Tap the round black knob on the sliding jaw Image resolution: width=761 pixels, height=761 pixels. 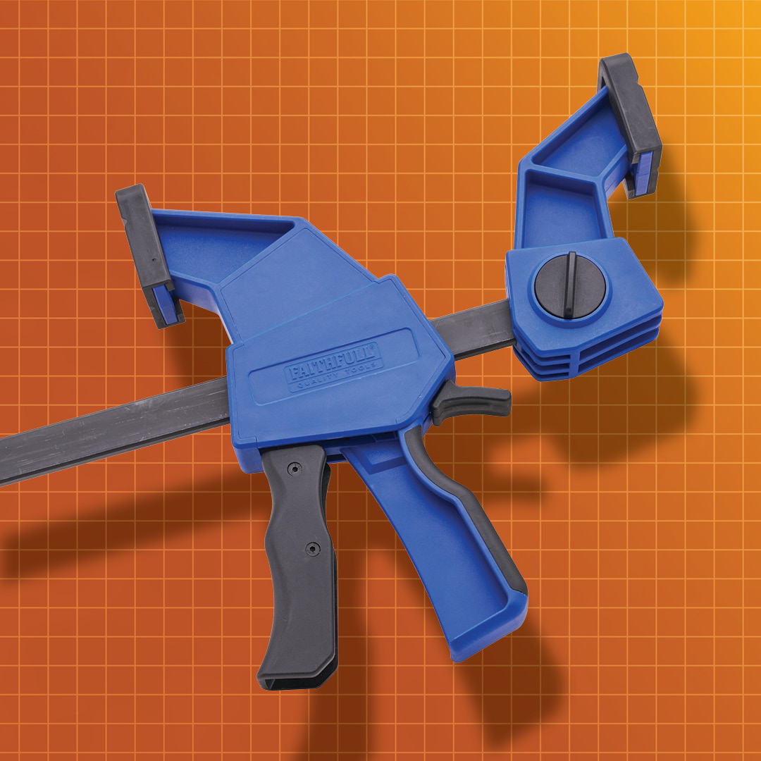570,286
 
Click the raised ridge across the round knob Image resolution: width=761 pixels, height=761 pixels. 570,285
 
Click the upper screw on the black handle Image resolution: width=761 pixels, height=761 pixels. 294,469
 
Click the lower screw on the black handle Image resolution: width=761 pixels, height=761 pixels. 313,549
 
